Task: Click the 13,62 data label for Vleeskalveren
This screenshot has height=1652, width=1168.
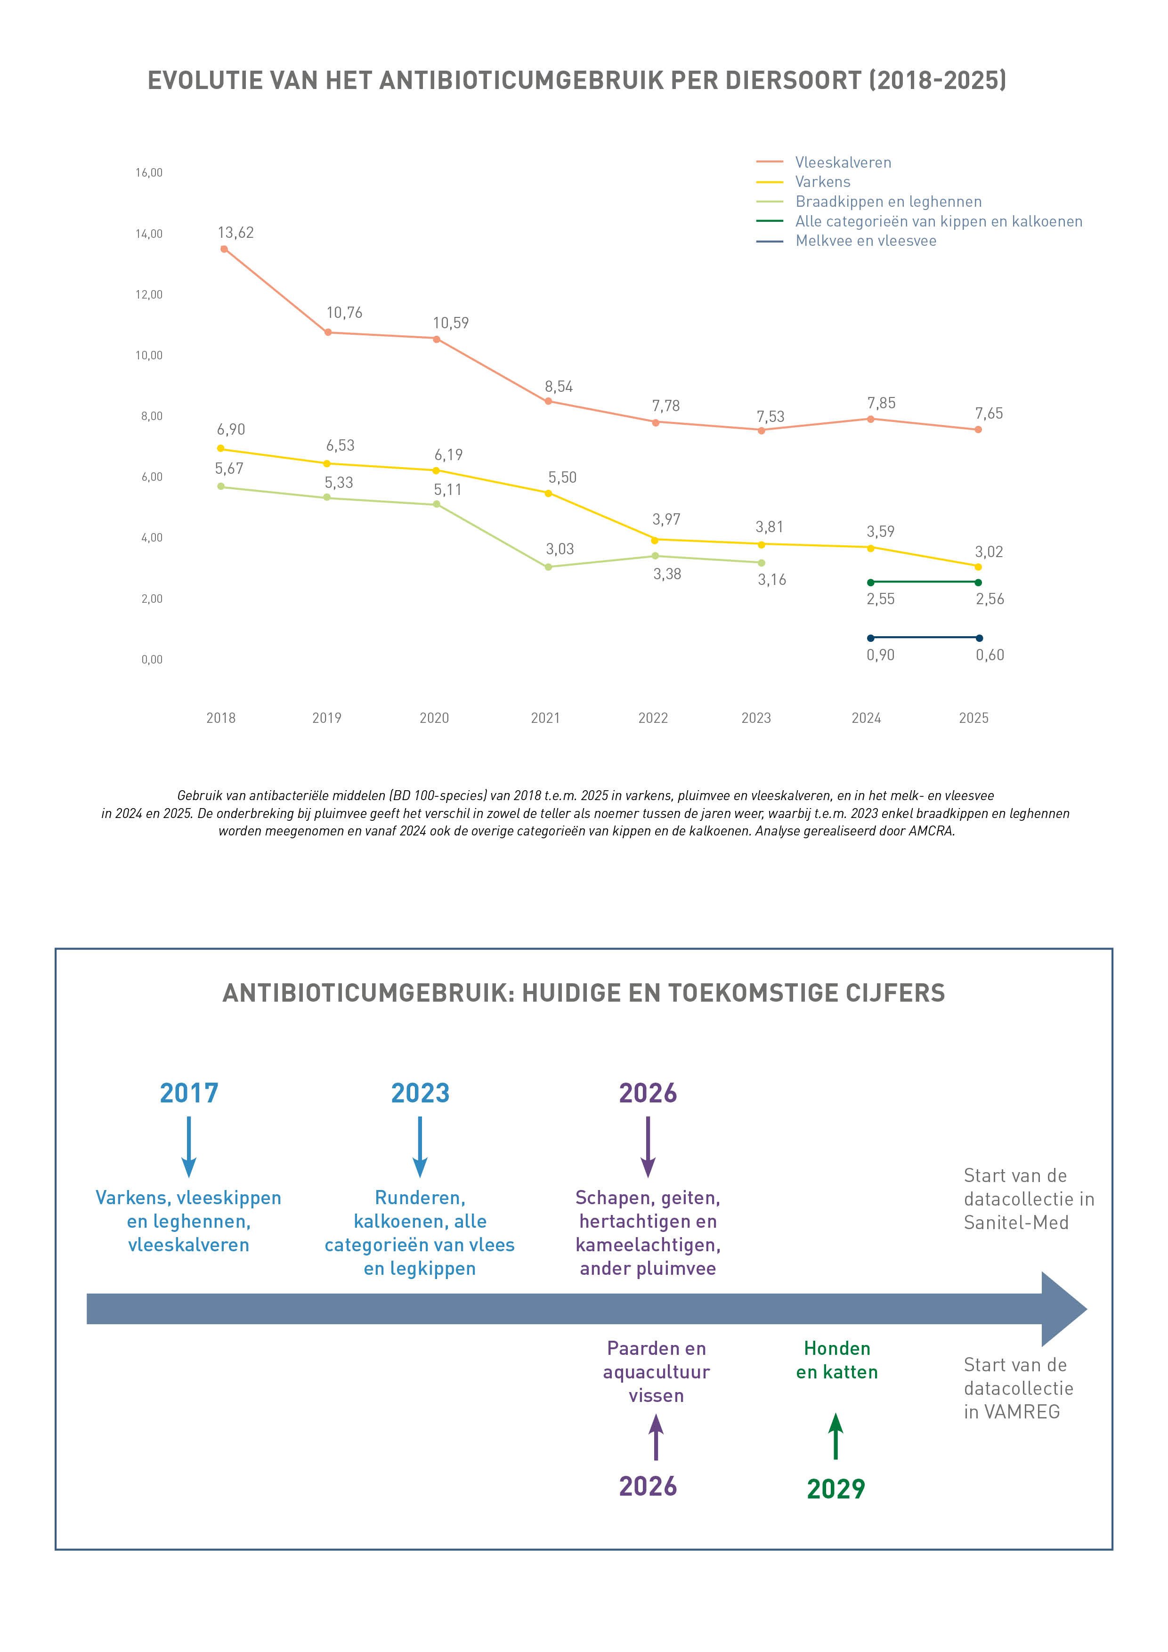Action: (235, 233)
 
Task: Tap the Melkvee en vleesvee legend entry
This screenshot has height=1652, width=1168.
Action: (846, 241)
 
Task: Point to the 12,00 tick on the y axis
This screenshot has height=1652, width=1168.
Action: (149, 294)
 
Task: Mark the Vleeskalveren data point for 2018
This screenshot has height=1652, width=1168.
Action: (224, 249)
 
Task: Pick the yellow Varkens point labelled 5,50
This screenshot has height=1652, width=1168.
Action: (548, 494)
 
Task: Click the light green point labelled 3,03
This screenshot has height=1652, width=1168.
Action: (548, 567)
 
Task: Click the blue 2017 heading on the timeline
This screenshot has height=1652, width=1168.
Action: (188, 1093)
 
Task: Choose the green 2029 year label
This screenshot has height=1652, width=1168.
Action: (835, 1489)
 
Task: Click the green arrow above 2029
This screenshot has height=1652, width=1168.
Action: (835, 1436)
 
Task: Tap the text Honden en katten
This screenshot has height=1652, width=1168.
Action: (837, 1360)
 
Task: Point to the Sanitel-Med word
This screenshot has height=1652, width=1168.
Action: (1016, 1223)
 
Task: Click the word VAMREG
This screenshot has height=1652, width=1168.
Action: (1022, 1412)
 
